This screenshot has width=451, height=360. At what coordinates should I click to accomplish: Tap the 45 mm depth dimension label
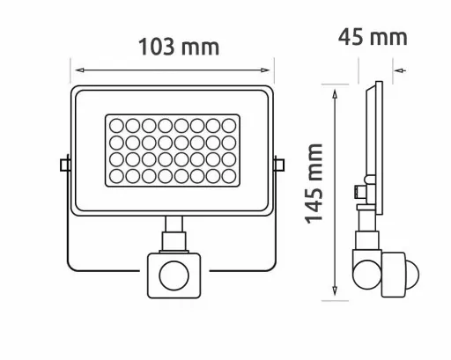click(x=373, y=38)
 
